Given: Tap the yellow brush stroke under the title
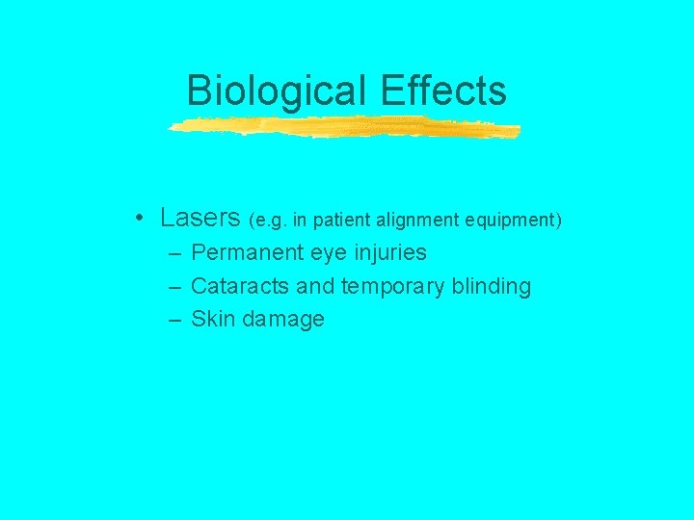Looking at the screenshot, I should (343, 127).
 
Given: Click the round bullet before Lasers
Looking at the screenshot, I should (141, 218).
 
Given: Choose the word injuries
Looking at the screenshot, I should (392, 253).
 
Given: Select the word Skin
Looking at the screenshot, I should (212, 319).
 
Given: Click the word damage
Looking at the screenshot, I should (283, 320).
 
